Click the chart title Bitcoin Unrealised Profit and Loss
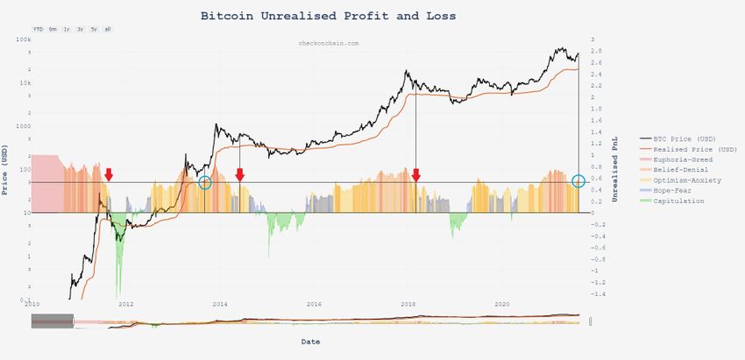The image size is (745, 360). (x=328, y=15)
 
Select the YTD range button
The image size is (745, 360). (x=38, y=29)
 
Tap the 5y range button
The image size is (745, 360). (x=94, y=29)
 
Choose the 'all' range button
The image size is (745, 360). (x=107, y=29)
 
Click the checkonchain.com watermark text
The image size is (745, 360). (x=329, y=42)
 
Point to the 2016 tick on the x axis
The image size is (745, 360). (x=314, y=304)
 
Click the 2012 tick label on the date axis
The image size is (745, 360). (x=126, y=304)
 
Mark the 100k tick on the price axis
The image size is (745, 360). (x=24, y=40)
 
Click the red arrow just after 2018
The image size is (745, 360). (x=416, y=174)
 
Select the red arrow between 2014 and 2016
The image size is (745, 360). (x=239, y=174)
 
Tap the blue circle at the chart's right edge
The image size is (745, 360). (x=578, y=181)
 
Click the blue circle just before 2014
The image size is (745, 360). (x=205, y=182)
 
